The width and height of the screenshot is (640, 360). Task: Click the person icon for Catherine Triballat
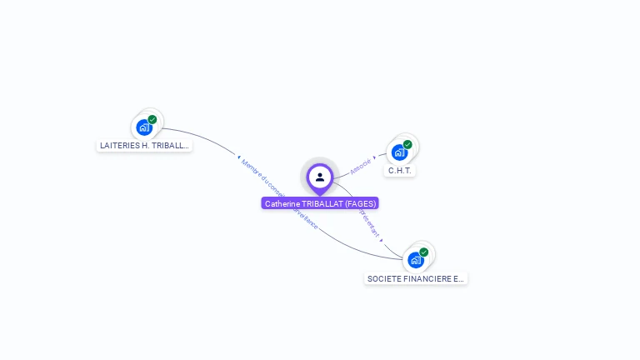[320, 177]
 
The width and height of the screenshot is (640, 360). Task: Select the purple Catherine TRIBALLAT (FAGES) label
[320, 203]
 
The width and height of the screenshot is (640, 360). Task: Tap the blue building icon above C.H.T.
[399, 152]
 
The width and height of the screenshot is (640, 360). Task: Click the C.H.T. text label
[401, 170]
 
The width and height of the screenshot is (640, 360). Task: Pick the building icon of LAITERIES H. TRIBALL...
[144, 127]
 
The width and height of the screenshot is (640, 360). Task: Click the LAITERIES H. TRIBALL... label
[144, 145]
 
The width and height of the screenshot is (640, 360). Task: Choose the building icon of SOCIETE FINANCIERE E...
[415, 260]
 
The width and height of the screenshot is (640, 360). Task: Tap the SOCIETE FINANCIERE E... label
[416, 278]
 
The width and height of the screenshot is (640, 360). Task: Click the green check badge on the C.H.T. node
[407, 144]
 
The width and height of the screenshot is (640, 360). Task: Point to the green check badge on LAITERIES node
[152, 119]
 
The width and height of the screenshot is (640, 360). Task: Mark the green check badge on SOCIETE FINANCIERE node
[423, 252]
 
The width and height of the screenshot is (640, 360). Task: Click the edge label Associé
[360, 166]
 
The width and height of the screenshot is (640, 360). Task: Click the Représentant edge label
[369, 223]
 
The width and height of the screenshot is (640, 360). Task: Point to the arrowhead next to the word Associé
[374, 157]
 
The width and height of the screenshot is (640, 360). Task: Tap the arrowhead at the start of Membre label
[238, 157]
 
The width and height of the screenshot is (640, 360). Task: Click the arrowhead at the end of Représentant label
[382, 241]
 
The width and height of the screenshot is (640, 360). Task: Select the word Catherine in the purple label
[282, 203]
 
